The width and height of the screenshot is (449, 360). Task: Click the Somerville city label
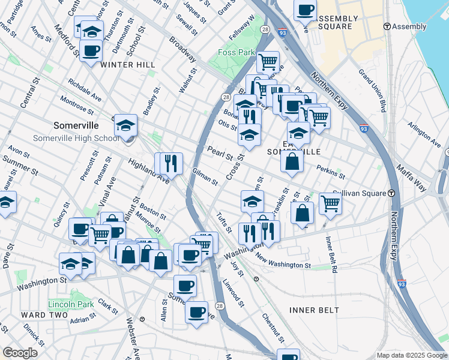pos(76,126)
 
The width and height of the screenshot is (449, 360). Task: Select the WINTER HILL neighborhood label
pos(128,64)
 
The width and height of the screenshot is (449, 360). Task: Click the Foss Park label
pos(235,52)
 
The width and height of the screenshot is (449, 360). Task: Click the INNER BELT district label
pos(314,310)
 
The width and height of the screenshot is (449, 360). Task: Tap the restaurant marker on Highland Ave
pos(169,163)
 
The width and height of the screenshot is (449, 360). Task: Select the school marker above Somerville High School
pos(125,125)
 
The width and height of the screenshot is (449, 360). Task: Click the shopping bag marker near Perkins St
pos(292,162)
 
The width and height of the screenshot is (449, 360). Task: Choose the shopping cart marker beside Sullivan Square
pos(330,204)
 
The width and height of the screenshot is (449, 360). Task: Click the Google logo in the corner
pos(20,352)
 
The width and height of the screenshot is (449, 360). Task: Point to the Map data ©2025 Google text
pos(411,355)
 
